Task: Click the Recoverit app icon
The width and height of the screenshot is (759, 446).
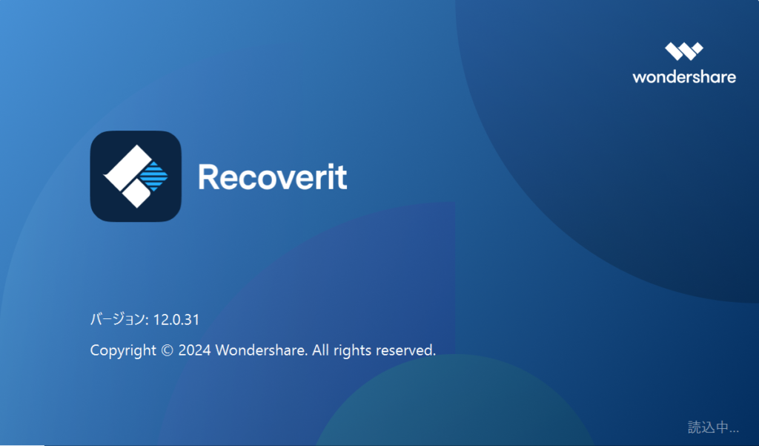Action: tap(136, 177)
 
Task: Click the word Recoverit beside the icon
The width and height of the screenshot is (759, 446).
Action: tap(272, 177)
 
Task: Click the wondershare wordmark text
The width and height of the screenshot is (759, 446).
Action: tap(683, 76)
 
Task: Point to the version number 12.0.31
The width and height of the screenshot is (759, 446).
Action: tap(176, 320)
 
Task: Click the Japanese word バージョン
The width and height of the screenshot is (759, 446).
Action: tap(117, 320)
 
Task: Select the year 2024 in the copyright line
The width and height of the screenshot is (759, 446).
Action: tap(195, 350)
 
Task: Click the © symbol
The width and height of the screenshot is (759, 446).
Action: tap(168, 350)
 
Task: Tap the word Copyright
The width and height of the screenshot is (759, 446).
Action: tap(123, 350)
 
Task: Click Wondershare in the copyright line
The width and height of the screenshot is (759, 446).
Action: tap(261, 350)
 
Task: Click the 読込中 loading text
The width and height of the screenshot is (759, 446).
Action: tap(713, 427)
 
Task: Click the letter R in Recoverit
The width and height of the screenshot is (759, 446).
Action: tap(209, 177)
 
